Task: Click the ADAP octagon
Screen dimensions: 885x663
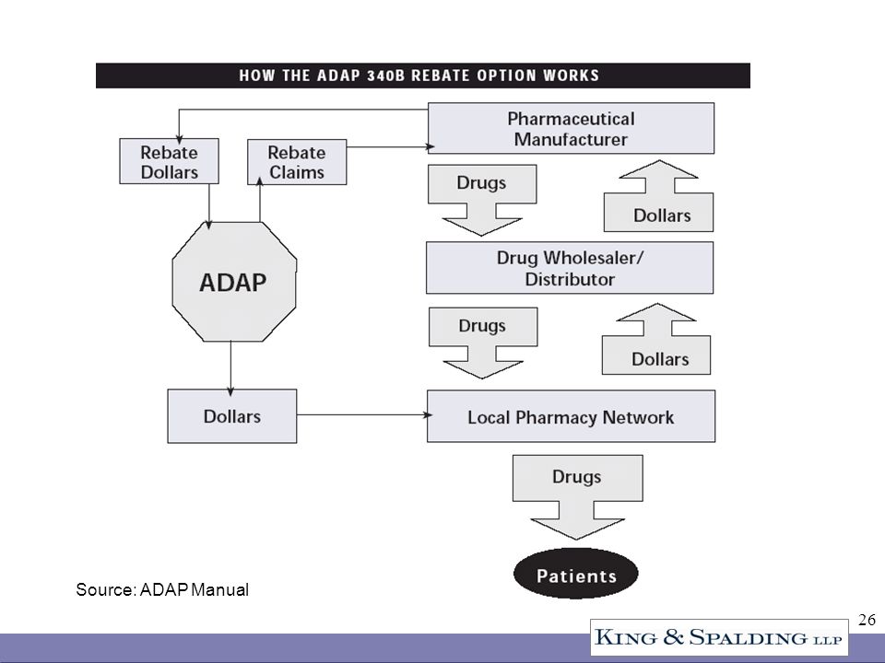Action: tap(234, 282)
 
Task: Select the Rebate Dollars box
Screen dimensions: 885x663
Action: tap(169, 161)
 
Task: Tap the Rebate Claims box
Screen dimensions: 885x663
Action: tap(297, 162)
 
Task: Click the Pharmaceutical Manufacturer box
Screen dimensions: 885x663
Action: tap(571, 128)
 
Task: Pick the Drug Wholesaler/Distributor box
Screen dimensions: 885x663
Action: tap(570, 268)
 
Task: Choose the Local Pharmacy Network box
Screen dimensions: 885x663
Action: tap(571, 416)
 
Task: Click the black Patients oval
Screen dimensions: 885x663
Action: tap(575, 574)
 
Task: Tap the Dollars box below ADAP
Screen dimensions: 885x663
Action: tap(232, 416)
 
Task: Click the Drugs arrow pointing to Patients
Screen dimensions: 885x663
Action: tap(577, 496)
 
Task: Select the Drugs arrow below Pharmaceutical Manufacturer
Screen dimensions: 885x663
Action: tap(481, 199)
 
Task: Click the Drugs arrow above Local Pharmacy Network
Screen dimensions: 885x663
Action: tap(482, 342)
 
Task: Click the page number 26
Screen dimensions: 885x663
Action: tap(867, 620)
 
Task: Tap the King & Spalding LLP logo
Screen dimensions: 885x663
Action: tap(719, 637)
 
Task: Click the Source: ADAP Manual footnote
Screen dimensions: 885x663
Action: tap(162, 589)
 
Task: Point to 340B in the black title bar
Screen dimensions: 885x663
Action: tap(386, 76)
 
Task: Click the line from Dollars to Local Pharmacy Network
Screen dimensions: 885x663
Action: tap(365, 415)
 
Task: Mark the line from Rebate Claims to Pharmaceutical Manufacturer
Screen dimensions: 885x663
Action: tap(391, 146)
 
